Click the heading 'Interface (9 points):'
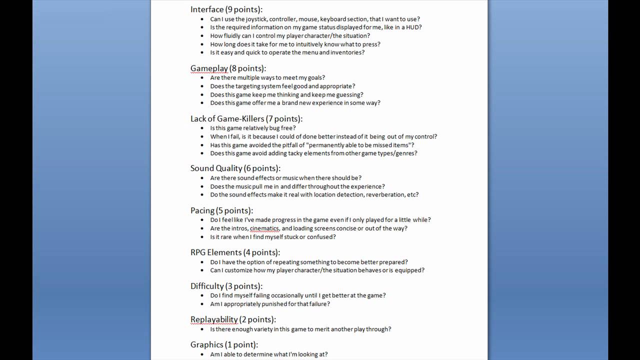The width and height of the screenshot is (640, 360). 226,9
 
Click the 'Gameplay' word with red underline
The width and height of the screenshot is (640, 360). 209,68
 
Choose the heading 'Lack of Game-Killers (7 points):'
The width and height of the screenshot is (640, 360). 246,119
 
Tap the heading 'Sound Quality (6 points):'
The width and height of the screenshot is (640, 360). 235,168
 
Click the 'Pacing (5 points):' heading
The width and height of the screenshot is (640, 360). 221,210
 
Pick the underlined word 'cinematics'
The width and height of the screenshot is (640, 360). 264,228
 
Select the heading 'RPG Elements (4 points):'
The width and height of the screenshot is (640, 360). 235,252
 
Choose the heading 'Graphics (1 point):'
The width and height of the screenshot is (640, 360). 224,344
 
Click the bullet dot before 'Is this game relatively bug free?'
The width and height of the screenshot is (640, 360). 202,128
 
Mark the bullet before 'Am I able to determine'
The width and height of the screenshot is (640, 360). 202,354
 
